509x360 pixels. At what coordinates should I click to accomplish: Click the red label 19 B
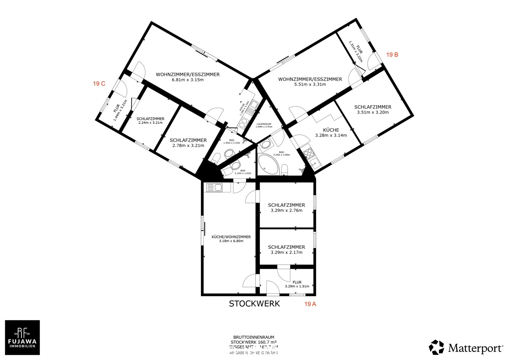point(392,55)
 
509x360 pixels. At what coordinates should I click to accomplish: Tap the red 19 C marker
point(99,84)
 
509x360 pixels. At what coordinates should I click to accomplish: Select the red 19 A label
point(310,304)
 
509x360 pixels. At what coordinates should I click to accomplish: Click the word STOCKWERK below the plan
point(254,304)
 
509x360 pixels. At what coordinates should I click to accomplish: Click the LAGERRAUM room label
point(264,124)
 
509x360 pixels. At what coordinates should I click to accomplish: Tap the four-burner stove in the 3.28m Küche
point(308,154)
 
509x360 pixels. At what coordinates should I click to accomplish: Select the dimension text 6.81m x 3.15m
point(188,80)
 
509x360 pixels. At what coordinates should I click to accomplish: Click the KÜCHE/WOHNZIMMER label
point(231,237)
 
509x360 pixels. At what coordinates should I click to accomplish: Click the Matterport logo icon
point(436,347)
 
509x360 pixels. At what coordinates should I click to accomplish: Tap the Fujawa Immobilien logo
point(22,337)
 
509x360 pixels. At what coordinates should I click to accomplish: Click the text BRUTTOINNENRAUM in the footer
point(254,337)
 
